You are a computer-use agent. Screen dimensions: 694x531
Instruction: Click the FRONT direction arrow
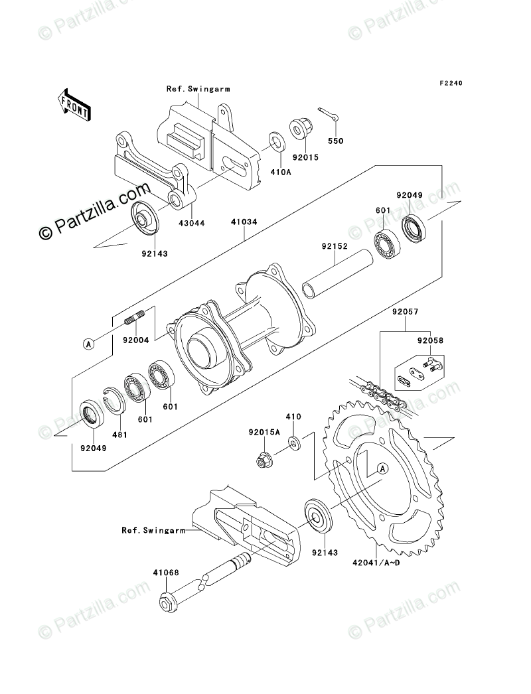click(74, 105)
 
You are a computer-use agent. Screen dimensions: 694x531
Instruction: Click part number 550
click(337, 141)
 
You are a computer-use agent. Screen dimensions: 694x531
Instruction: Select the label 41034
click(245, 223)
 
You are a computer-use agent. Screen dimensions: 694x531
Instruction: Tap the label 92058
click(429, 340)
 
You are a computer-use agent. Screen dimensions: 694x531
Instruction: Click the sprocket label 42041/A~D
click(376, 564)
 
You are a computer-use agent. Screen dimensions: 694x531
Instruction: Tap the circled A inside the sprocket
click(382, 469)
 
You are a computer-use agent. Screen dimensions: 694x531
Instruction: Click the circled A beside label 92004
click(88, 343)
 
